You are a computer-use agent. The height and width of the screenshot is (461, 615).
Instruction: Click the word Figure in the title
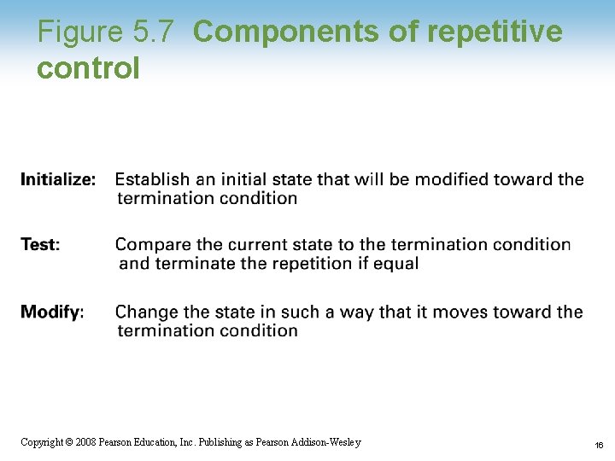tap(81, 32)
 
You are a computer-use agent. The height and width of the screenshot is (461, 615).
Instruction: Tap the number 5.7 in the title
tap(154, 32)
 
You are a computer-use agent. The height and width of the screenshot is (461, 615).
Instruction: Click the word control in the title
tap(88, 68)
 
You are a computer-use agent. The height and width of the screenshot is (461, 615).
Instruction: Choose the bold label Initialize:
tap(58, 179)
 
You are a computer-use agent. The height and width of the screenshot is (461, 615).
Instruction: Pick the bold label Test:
tap(40, 245)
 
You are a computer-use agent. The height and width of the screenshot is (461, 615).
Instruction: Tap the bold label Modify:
tap(52, 312)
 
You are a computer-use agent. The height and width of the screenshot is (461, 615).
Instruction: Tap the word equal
tap(396, 263)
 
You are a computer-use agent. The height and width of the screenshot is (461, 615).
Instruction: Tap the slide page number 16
tap(599, 445)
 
